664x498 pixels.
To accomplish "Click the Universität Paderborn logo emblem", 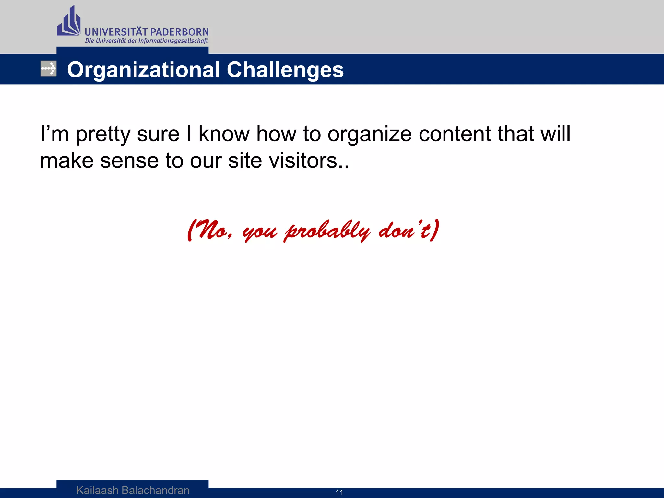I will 68,22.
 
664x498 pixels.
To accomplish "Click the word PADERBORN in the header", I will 180,32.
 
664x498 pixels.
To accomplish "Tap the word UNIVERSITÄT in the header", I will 116,32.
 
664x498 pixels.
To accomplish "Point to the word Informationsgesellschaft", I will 173,41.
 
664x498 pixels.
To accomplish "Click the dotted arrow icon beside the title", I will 48,69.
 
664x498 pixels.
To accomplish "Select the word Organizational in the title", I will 143,70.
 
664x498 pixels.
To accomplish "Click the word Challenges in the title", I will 285,70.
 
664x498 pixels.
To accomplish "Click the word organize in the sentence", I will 369,134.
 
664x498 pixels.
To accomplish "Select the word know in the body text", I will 223,134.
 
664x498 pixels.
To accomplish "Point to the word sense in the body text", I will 129,160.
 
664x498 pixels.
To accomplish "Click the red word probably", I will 327,231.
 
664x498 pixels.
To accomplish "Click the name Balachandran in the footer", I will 155,490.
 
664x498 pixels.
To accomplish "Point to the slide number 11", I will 339,492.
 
